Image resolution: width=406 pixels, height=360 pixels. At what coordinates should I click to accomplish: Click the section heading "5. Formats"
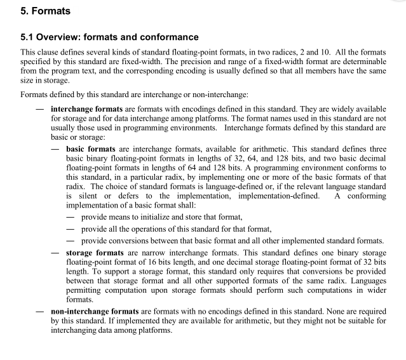(x=45, y=11)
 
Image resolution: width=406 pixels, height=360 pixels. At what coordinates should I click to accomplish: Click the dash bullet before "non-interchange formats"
(x=39, y=311)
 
